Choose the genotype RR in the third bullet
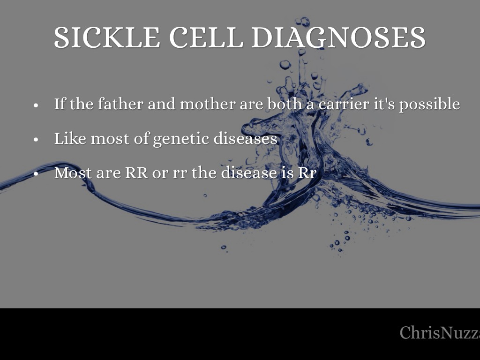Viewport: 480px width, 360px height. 136,173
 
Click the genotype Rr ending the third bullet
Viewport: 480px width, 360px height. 307,173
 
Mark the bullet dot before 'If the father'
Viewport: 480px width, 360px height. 36,105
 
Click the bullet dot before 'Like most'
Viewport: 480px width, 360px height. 36,140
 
